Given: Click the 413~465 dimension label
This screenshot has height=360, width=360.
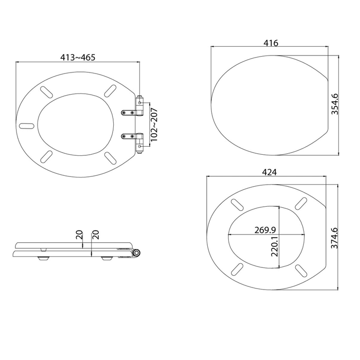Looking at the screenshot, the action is (x=78, y=57).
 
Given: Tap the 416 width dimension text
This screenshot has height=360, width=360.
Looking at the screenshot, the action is (x=271, y=43).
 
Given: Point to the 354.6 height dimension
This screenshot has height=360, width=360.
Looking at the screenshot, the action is (x=335, y=104).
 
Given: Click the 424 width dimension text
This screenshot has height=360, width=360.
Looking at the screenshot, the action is (x=269, y=172).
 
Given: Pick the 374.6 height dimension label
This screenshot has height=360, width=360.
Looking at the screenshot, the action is (x=334, y=238).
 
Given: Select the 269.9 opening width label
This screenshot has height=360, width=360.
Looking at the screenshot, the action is (x=265, y=229).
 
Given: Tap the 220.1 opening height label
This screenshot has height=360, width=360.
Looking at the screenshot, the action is (x=275, y=246).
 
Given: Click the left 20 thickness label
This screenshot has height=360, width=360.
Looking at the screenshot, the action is (x=79, y=235).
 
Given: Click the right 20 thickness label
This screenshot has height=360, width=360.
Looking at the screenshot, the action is (x=95, y=235).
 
